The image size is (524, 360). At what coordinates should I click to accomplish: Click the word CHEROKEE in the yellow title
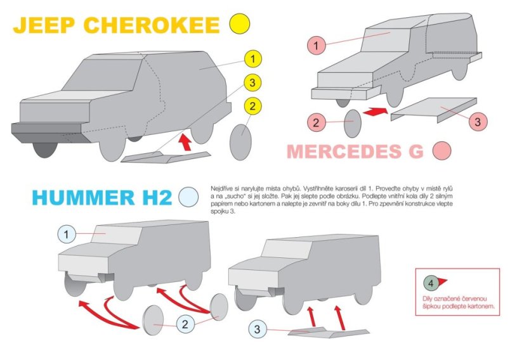(152, 25)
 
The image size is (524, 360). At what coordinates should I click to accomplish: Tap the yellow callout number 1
(252, 60)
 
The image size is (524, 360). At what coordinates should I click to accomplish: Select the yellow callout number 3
(252, 82)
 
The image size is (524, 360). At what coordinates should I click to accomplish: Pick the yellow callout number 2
(252, 106)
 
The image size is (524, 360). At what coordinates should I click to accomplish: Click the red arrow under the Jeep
(186, 141)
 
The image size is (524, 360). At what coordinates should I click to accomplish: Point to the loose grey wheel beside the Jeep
(240, 143)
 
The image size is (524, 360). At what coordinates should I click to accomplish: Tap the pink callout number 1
(315, 45)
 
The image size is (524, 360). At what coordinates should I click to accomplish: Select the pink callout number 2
(315, 122)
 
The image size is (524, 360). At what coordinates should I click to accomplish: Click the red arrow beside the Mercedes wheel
(374, 112)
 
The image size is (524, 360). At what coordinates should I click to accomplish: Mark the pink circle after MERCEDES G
(442, 151)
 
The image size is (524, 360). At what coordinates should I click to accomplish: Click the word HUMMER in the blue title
(81, 197)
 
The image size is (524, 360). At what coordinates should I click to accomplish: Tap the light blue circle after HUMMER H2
(188, 196)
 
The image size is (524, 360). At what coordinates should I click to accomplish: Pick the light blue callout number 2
(185, 325)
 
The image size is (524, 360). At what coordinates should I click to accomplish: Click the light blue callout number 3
(257, 329)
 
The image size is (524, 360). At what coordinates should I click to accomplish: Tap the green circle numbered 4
(431, 282)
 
